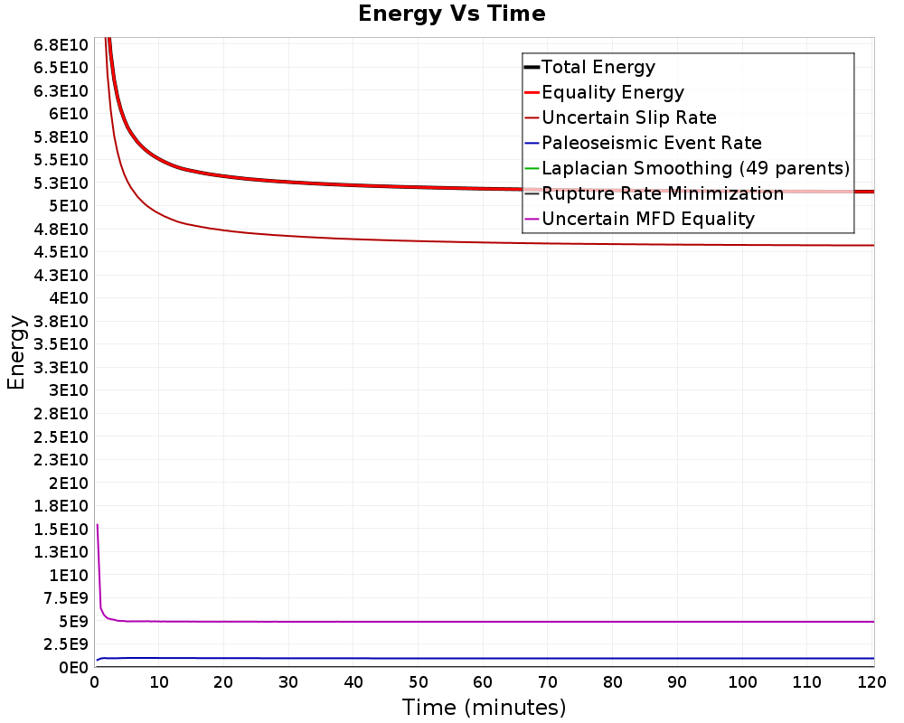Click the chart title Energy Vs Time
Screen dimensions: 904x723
coord(451,14)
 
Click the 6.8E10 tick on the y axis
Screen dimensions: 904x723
coord(61,45)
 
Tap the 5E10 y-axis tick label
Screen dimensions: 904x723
coord(69,206)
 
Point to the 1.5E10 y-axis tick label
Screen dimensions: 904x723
coord(61,530)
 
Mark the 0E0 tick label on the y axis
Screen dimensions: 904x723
coord(74,667)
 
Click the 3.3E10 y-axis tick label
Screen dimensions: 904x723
coord(61,367)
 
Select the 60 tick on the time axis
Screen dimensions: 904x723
coord(483,682)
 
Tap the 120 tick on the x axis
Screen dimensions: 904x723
coord(871,682)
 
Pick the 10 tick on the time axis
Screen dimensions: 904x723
coord(158,682)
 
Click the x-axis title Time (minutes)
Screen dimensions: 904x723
coord(484,707)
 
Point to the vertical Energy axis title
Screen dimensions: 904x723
coord(16,352)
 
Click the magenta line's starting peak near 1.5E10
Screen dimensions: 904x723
coord(98,525)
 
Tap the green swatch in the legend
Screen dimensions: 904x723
coord(532,168)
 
